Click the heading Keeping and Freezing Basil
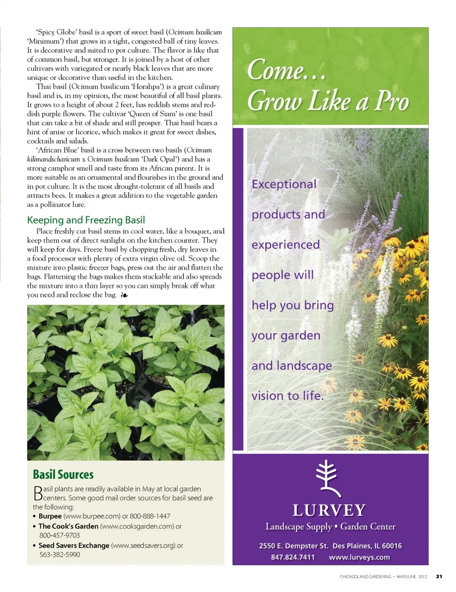click(86, 220)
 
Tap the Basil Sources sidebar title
click(63, 475)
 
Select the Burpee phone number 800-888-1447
click(150, 516)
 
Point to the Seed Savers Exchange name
click(74, 545)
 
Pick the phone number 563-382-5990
click(60, 554)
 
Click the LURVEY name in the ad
click(329, 510)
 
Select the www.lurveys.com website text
click(359, 557)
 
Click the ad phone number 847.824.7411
click(293, 557)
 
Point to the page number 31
click(439, 577)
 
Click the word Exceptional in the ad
click(284, 184)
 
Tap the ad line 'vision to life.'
click(287, 396)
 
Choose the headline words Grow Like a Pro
click(328, 101)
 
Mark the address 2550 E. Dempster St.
click(294, 546)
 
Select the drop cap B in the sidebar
click(38, 493)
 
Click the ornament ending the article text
click(124, 295)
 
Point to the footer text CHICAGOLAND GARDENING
click(365, 577)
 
